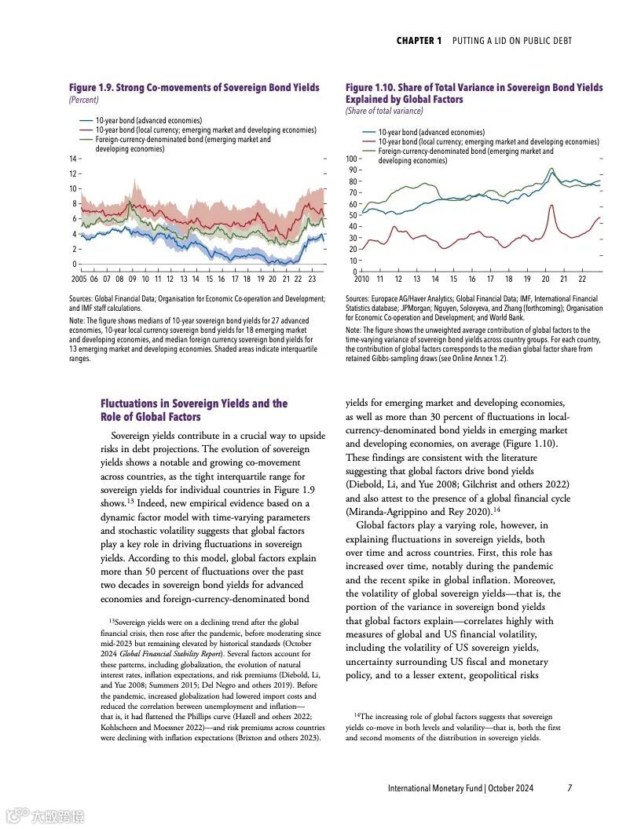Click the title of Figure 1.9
194,88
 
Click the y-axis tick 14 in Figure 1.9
73,159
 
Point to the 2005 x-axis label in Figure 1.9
79,279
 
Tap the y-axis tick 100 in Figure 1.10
352,159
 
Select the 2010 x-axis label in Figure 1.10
361,279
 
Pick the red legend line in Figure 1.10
368,142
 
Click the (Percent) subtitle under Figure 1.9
83,100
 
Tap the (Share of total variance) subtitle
384,111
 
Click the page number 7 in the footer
570,787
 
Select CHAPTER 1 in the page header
419,41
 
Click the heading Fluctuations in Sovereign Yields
194,404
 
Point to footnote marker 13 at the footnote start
112,621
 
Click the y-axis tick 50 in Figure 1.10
353,215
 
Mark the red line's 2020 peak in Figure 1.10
552,206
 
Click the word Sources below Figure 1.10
357,298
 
